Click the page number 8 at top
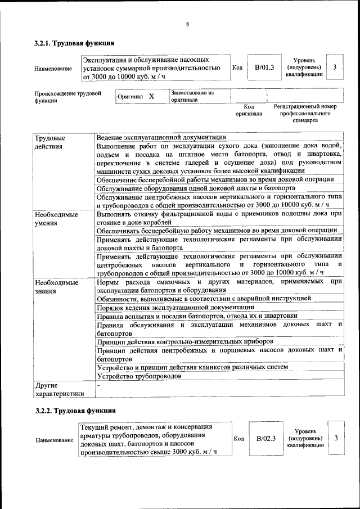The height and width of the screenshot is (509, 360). (187, 24)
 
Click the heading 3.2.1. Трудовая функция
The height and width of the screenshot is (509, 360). (74, 43)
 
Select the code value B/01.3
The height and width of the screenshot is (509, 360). (264, 67)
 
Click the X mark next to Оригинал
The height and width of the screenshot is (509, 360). (151, 96)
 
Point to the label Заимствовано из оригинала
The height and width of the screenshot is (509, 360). (192, 96)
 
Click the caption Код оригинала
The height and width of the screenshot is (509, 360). (249, 110)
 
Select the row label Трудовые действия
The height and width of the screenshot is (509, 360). (50, 142)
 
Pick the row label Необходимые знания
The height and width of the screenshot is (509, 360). (56, 286)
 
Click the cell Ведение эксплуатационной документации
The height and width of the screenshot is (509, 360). (161, 137)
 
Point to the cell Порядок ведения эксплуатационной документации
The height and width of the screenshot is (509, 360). (175, 307)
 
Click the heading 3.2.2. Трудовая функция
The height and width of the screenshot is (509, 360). (74, 411)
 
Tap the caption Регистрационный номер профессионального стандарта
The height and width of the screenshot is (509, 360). (305, 113)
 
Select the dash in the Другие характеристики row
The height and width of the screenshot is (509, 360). (98, 386)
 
